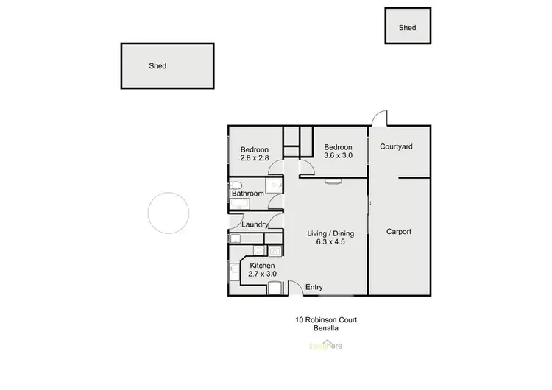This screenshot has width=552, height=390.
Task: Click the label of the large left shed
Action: [158, 66]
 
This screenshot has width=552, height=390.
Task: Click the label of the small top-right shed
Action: [407, 28]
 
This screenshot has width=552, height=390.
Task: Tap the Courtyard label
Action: [396, 146]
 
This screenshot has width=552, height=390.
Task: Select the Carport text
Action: [399, 232]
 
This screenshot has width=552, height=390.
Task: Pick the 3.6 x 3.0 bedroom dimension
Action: [339, 156]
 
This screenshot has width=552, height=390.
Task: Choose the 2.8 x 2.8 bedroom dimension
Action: [255, 157]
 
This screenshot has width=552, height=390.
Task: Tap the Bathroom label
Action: [248, 194]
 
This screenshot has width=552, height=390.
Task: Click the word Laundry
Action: [244, 225]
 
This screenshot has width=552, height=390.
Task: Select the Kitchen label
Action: [262, 266]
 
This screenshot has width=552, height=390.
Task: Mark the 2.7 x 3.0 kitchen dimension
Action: [263, 274]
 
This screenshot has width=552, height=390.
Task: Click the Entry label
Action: [314, 287]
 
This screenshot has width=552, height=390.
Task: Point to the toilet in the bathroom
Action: [235, 184]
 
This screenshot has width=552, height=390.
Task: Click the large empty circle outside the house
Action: [169, 213]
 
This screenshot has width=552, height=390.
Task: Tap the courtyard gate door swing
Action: [378, 118]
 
